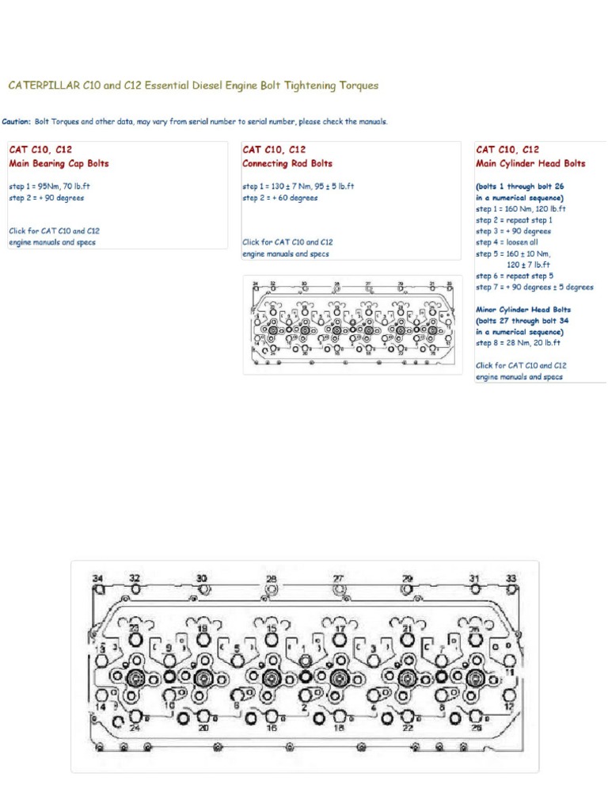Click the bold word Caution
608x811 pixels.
pos(17,122)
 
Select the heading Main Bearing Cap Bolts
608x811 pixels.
pos(59,164)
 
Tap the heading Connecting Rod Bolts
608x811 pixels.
pos(287,164)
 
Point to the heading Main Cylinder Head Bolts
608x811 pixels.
pos(530,164)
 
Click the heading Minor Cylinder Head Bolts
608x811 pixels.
pos(523,310)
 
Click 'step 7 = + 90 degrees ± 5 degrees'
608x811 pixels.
pos(534,287)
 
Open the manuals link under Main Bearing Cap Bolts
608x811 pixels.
pos(54,237)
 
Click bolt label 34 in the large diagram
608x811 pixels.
pos(98,579)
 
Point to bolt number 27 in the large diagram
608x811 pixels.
pos(339,579)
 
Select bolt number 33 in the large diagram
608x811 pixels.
pos(511,579)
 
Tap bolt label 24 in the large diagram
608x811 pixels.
pos(135,728)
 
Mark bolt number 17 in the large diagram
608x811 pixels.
pos(340,630)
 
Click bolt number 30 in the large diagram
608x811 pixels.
pos(202,579)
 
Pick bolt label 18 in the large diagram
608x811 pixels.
pos(340,728)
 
